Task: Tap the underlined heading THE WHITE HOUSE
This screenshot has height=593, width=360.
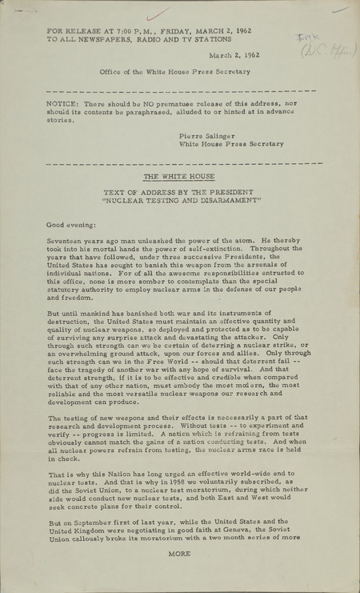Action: coord(181,176)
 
